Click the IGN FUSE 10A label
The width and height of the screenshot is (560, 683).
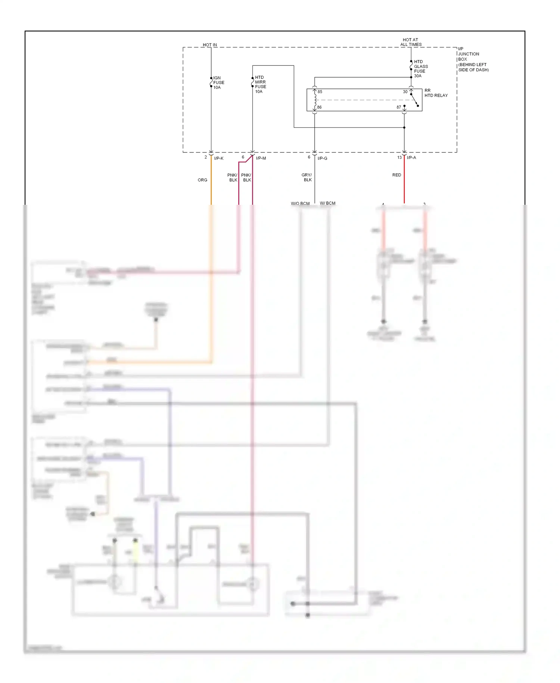click(x=218, y=83)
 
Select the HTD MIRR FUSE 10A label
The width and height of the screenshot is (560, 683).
click(x=260, y=84)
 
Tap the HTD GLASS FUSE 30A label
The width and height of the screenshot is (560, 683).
click(x=420, y=69)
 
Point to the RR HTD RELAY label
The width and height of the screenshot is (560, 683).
click(x=435, y=93)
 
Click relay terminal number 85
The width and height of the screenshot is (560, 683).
click(x=320, y=92)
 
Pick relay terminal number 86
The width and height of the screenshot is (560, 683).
click(x=319, y=107)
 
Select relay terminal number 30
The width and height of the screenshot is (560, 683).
click(x=405, y=92)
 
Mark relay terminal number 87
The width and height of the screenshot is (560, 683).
click(x=399, y=107)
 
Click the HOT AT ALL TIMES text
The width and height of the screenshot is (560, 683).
click(x=411, y=42)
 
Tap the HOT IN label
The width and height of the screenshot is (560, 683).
click(x=210, y=45)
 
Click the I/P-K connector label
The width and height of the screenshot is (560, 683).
click(x=219, y=158)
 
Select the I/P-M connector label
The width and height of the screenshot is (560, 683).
click(x=261, y=158)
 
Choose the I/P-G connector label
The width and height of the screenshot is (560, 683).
click(x=322, y=158)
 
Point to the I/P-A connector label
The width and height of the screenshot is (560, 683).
click(x=411, y=158)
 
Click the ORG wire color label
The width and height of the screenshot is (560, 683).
click(x=202, y=180)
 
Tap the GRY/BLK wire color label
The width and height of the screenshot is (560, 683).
click(x=307, y=177)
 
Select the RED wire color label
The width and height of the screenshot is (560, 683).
click(x=396, y=175)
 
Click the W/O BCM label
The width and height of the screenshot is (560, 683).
click(x=300, y=204)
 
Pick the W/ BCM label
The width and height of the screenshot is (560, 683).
click(x=327, y=203)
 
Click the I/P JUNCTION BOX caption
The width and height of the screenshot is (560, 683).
click(x=473, y=59)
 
